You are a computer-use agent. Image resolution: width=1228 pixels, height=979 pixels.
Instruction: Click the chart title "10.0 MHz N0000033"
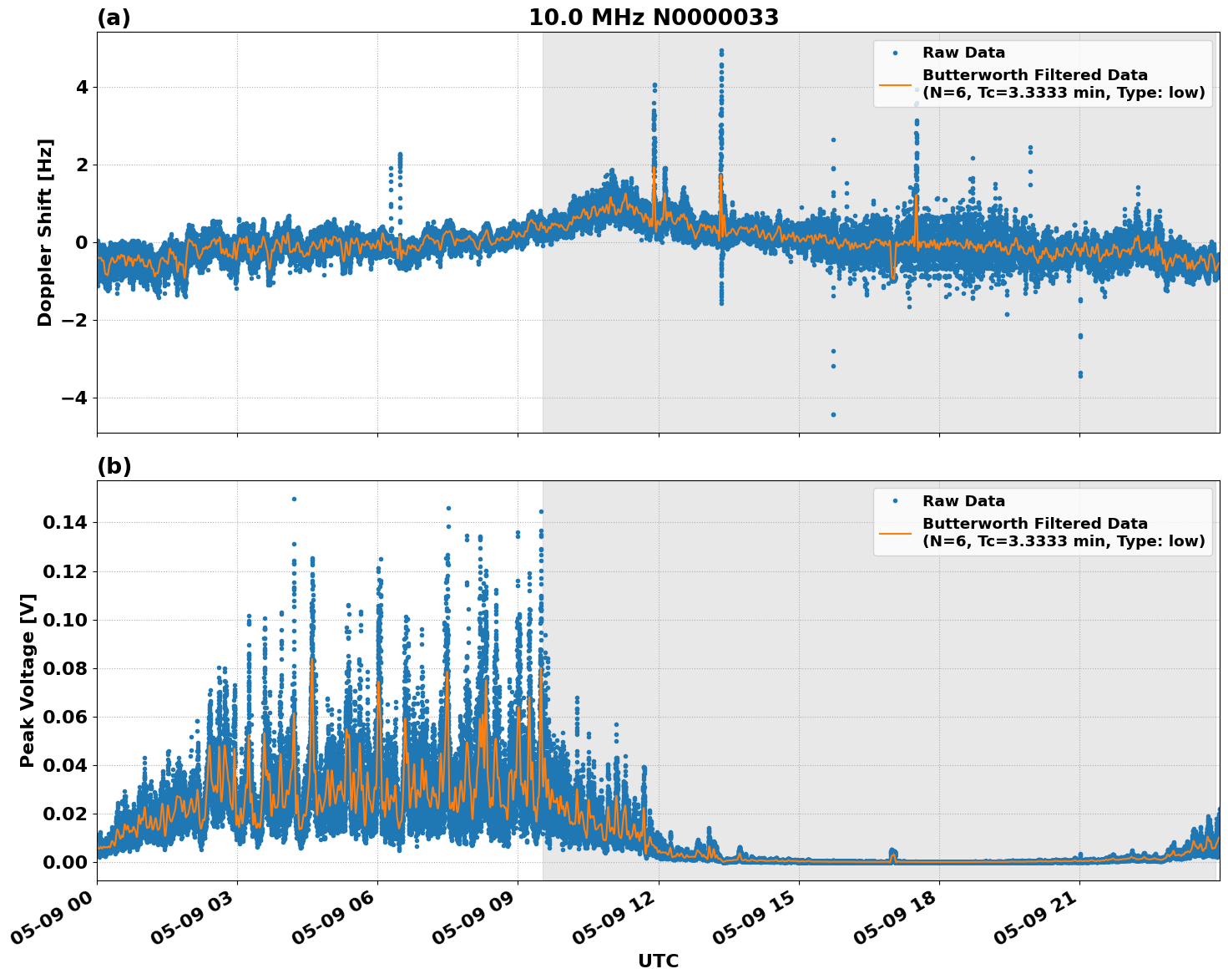click(x=653, y=18)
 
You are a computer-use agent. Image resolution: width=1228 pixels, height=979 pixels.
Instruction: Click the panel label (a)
click(x=114, y=18)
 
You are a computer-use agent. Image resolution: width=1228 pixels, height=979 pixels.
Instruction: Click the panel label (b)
click(x=114, y=466)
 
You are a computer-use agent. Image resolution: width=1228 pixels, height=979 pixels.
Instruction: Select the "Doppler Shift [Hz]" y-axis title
click(x=45, y=232)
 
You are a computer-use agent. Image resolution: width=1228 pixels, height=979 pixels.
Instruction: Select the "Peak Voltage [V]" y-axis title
click(x=28, y=680)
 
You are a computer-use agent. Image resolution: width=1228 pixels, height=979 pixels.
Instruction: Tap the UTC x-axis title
click(x=658, y=961)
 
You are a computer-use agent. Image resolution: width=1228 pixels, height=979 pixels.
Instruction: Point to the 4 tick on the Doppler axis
click(x=82, y=88)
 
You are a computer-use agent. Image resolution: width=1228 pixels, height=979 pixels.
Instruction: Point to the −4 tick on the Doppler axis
click(x=75, y=398)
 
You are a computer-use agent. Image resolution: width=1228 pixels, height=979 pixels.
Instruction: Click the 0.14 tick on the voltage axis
click(x=65, y=523)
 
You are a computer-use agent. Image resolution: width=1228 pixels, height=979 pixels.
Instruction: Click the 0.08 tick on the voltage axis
click(x=65, y=668)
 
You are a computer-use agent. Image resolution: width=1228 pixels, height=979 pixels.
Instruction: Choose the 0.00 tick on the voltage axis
click(x=65, y=862)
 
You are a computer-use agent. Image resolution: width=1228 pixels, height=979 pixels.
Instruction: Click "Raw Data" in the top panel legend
click(x=963, y=53)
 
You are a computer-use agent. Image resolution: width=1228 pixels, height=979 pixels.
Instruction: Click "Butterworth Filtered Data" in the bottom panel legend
click(x=1034, y=524)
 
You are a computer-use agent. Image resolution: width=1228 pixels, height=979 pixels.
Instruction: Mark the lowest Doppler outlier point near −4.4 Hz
click(x=832, y=414)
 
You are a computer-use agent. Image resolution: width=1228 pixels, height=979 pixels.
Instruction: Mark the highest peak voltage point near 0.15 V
click(x=294, y=499)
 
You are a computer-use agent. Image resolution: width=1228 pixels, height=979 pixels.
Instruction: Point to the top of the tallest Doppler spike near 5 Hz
click(x=721, y=50)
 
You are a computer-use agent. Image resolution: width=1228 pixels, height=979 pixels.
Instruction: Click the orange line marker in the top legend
click(x=895, y=84)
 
